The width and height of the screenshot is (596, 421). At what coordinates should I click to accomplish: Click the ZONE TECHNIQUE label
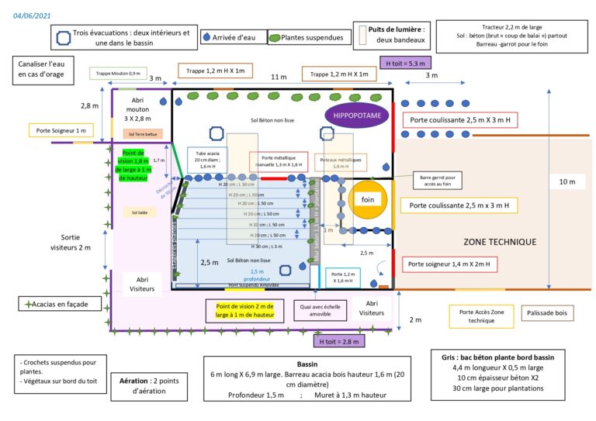(500, 242)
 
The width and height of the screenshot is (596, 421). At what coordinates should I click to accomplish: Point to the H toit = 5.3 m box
(404, 62)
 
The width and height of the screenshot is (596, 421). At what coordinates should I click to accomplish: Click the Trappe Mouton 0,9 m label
(118, 74)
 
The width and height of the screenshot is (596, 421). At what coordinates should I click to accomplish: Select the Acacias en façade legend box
(61, 304)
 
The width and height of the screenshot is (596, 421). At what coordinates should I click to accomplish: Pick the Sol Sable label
(140, 212)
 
